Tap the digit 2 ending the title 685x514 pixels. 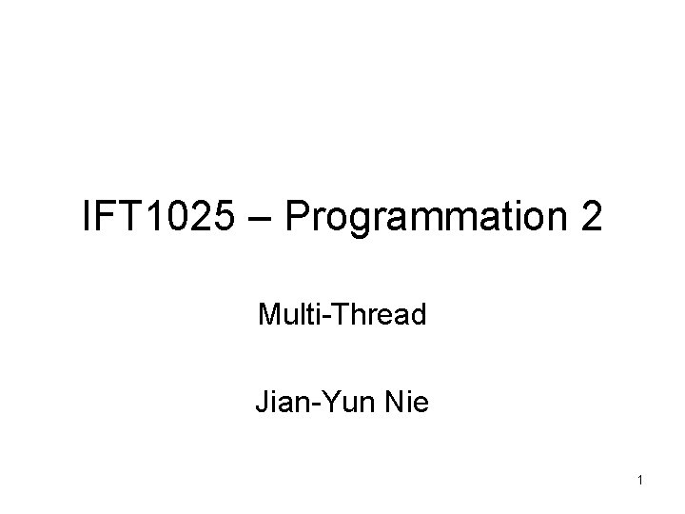point(590,218)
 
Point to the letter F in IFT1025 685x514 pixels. point(105,218)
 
